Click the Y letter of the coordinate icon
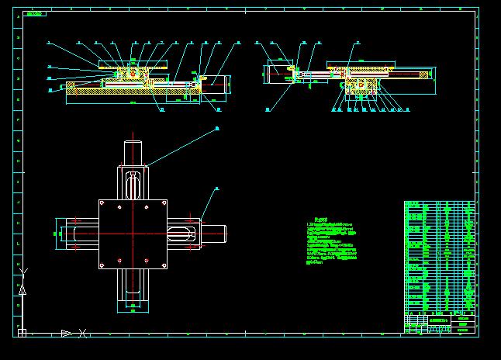[x=22, y=271]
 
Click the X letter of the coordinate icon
[x=82, y=334]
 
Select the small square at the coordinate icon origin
[x=22, y=333]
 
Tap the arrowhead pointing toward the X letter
[x=66, y=333]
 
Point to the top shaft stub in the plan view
[x=133, y=151]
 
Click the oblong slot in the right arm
[x=181, y=233]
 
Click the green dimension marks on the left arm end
[x=59, y=233]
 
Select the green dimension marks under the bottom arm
[x=133, y=309]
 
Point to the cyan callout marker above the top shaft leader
[x=217, y=128]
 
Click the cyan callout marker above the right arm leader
[x=217, y=188]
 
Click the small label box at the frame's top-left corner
[x=34, y=13]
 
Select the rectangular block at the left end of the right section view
[x=277, y=74]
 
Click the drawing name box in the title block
[x=440, y=320]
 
